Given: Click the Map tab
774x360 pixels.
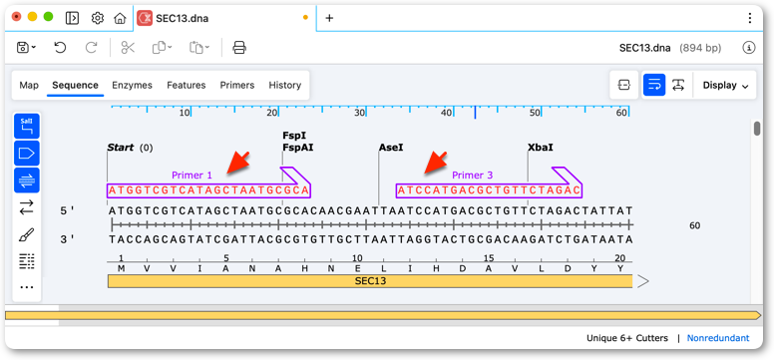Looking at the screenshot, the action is (29, 85).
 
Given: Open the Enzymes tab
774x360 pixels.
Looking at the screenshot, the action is (132, 85).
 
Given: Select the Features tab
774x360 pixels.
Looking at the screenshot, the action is (187, 85).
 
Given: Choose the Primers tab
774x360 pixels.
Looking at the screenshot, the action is (237, 85).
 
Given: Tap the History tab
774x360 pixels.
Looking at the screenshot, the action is (285, 85).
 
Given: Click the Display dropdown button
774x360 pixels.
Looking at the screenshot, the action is (725, 85).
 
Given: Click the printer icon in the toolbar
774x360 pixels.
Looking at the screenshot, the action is (239, 48).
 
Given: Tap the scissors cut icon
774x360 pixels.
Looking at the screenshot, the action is (128, 48).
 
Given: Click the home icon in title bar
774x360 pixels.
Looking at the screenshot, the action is (120, 18).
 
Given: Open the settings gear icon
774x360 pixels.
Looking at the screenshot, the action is (98, 18).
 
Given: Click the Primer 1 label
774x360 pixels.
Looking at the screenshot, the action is (192, 176).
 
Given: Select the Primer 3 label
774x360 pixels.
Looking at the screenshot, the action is (473, 176).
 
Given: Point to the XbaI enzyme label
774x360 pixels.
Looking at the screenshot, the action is (541, 148).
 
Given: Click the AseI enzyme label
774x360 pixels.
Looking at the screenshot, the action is (391, 148).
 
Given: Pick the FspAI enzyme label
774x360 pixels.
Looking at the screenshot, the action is (297, 148).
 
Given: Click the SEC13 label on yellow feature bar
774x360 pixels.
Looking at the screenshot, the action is (370, 281).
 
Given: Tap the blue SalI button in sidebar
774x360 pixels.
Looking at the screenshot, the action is (27, 126).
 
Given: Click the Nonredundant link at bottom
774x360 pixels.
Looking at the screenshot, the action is (718, 338).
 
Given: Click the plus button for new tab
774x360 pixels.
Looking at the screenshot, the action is (330, 18).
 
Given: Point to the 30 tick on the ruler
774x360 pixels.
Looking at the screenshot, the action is (359, 113).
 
